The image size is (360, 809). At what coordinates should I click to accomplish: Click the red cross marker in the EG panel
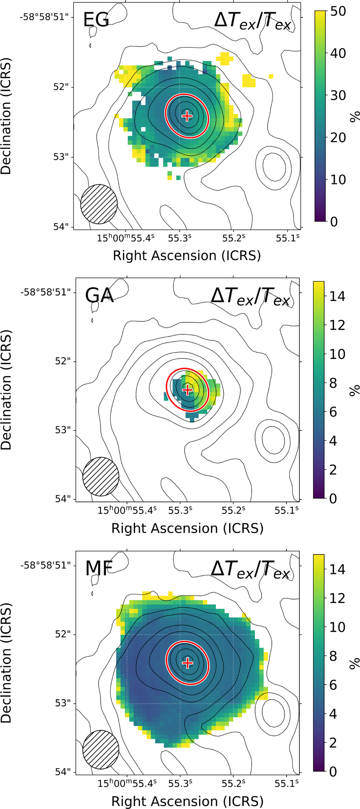coord(187,116)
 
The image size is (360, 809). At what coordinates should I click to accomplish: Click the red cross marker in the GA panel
coord(187,390)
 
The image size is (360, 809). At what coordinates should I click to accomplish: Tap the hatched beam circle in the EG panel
coord(99,204)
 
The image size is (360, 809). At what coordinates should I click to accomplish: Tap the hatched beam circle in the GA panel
coord(101,476)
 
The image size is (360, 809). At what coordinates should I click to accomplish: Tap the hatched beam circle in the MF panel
coord(101,749)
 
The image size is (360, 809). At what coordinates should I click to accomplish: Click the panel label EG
coord(96,20)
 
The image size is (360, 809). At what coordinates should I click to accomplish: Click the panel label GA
coord(99,295)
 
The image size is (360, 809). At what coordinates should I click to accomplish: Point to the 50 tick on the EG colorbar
coord(338,11)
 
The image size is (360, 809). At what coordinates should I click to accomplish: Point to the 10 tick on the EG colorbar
coord(338,180)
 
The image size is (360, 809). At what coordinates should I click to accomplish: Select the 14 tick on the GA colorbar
coord(337,296)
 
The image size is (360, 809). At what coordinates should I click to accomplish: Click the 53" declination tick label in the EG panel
coord(62,157)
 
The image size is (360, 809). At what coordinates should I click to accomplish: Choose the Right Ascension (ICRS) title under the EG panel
coord(187,256)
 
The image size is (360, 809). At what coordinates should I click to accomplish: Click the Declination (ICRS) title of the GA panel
coord(6,390)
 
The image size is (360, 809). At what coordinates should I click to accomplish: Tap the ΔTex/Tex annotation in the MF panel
coord(250,569)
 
